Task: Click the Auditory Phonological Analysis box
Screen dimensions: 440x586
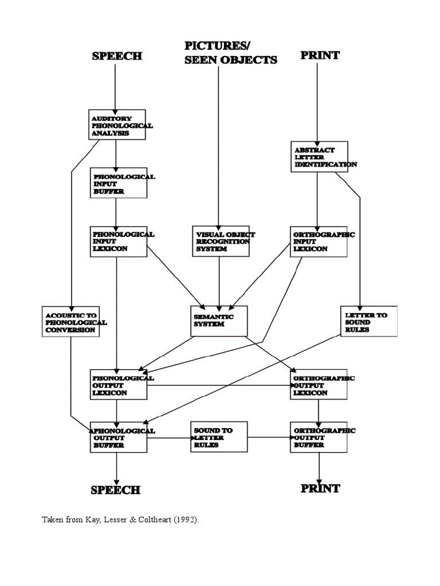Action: pos(117,125)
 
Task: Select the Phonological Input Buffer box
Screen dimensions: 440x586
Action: pos(119,183)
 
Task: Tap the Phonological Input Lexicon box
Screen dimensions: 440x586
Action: pos(119,241)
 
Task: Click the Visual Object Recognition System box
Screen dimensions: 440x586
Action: pos(221,241)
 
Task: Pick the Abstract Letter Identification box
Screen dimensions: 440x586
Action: pos(320,157)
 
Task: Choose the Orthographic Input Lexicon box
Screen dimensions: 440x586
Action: pos(319,241)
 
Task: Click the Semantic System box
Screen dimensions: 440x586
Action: pos(219,321)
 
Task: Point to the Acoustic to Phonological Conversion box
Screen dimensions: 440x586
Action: pos(70,322)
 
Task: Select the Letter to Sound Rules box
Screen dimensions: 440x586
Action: pos(369,322)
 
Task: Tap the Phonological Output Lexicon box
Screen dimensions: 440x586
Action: pos(119,385)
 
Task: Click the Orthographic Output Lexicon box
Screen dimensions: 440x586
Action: pos(319,384)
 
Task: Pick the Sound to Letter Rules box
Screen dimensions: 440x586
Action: pos(219,437)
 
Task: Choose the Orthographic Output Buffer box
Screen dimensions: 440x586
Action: pos(319,437)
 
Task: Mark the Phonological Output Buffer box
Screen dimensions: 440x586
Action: pos(119,437)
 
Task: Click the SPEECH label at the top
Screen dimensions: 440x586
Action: pos(117,56)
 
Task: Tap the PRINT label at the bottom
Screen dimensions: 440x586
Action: pos(320,489)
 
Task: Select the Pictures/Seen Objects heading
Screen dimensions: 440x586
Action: pos(231,53)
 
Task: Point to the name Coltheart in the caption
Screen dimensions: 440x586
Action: pos(155,520)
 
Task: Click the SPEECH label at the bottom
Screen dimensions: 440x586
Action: pos(116,490)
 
